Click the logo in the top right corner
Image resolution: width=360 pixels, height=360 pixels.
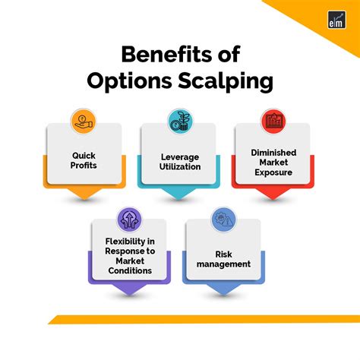(338, 21)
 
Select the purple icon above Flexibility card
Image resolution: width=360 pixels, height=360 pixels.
(129, 220)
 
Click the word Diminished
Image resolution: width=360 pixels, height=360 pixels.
(273, 152)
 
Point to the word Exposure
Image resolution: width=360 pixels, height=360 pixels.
(273, 172)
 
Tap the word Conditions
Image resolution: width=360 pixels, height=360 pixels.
(129, 270)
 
